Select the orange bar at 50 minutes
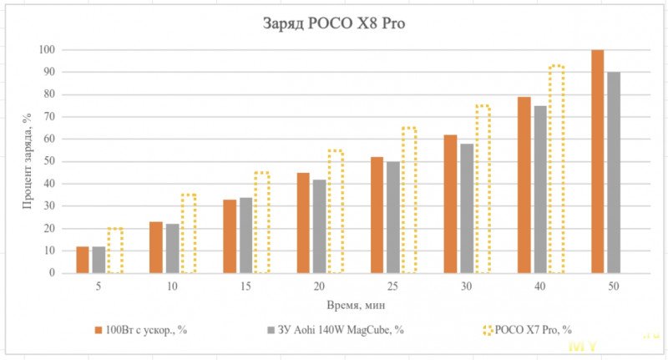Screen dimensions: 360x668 click(x=597, y=161)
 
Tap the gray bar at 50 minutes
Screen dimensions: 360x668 click(x=614, y=172)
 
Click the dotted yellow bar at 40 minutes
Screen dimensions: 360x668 click(x=556, y=169)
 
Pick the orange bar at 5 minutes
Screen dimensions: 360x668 click(x=82, y=260)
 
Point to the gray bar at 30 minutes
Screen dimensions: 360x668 click(x=467, y=208)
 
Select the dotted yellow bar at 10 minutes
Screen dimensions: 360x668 click(x=188, y=234)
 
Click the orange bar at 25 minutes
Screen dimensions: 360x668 click(x=377, y=215)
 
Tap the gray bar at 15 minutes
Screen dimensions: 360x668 click(x=245, y=235)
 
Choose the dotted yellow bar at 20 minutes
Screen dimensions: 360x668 click(x=336, y=211)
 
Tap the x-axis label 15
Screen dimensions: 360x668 click(x=245, y=286)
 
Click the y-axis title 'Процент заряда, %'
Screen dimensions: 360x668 click(x=28, y=161)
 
